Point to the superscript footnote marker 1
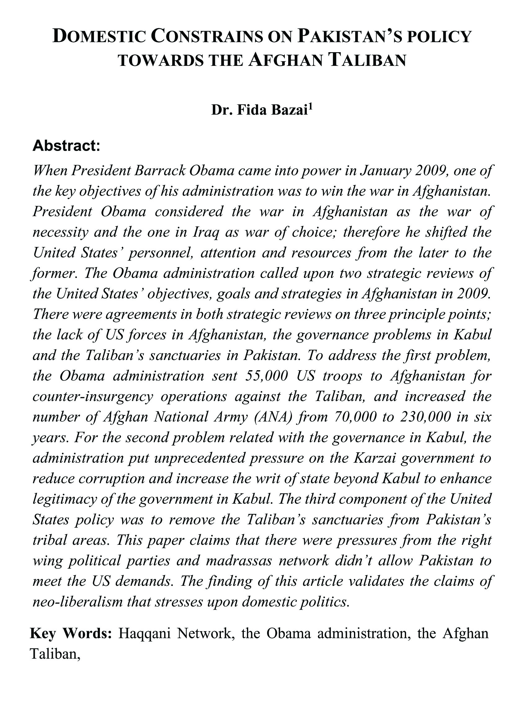(x=311, y=107)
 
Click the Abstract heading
(x=66, y=146)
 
